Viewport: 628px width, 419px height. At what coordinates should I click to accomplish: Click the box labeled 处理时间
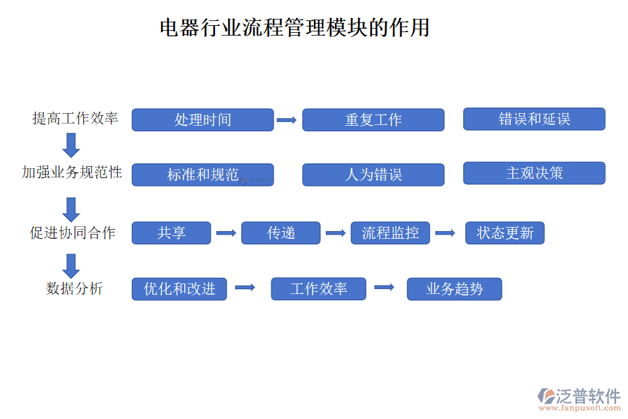[202, 119]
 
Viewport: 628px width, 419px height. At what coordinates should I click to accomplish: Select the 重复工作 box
[373, 119]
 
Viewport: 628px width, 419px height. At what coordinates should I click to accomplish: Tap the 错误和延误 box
[534, 119]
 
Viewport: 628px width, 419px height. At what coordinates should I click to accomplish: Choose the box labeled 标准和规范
[202, 175]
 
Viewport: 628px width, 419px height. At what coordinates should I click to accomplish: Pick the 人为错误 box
[373, 175]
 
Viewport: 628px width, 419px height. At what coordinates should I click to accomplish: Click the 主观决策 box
[534, 173]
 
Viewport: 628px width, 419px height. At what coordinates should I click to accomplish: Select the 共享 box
[171, 233]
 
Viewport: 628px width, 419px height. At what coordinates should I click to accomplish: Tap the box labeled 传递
[281, 233]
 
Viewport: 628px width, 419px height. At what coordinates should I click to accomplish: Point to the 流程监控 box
[390, 233]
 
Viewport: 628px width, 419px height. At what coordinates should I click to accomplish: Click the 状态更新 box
[504, 233]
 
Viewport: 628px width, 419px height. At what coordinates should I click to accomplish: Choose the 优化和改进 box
[179, 288]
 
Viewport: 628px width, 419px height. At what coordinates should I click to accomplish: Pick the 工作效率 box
[318, 288]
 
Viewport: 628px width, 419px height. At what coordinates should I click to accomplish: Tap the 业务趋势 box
[454, 288]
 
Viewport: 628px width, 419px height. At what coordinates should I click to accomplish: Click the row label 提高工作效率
[75, 118]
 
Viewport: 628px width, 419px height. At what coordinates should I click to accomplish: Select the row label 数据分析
[74, 288]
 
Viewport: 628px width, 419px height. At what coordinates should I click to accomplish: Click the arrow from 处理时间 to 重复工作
[287, 120]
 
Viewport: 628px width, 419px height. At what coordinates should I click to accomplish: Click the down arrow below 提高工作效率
[70, 145]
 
